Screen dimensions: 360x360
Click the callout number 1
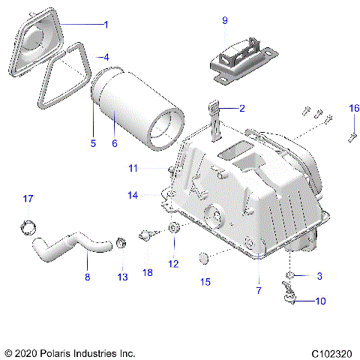coord(106,25)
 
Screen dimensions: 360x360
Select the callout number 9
coord(224,20)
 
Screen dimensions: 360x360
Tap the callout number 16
coord(354,108)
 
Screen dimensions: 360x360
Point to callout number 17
coord(28,199)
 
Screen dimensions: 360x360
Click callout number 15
coord(204,282)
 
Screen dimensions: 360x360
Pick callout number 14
coord(133,195)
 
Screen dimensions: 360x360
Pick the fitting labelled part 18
coord(145,238)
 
